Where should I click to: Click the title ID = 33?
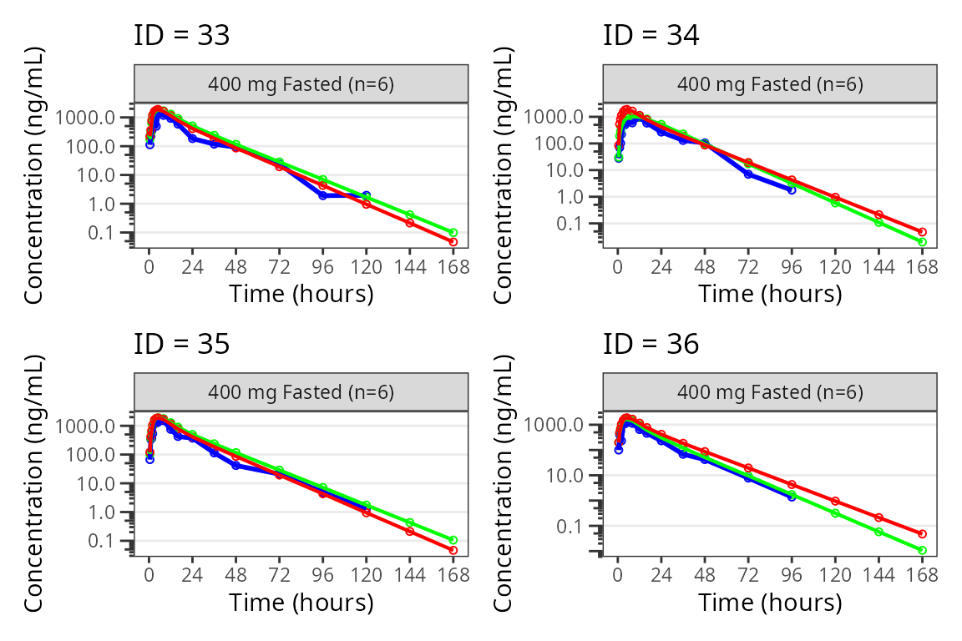181,36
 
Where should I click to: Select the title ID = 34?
651,36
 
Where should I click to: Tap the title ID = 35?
181,344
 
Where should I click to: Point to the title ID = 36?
651,344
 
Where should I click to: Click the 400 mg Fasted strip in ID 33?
301,83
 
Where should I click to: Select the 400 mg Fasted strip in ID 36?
769,391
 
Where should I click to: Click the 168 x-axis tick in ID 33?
453,267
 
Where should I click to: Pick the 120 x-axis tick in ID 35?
367,575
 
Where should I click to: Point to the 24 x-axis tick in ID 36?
661,575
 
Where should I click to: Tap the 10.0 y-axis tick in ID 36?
567,476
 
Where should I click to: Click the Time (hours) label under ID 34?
769,294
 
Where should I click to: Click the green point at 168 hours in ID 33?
453,233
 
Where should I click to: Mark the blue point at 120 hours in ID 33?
367,195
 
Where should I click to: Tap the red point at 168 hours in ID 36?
922,533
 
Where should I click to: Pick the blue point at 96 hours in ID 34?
792,190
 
